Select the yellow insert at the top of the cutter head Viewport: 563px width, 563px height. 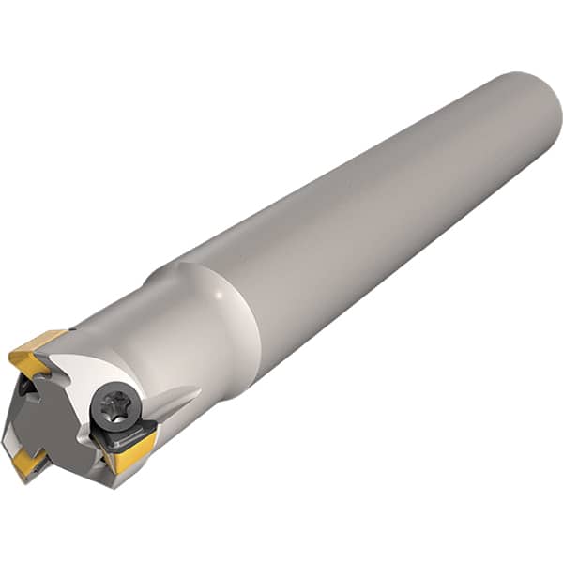tap(36, 349)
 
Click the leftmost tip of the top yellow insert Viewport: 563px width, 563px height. tap(9, 355)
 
